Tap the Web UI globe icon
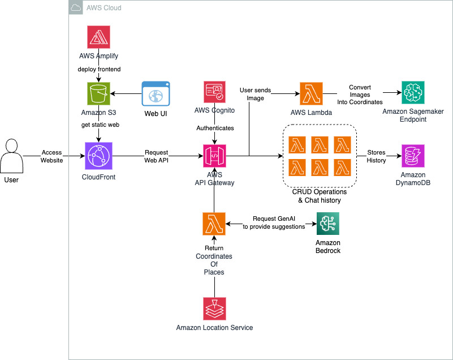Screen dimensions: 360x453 (x=156, y=93)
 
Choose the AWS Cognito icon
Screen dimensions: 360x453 (x=214, y=93)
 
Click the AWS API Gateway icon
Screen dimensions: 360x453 (x=214, y=153)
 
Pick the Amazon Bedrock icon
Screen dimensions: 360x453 (x=328, y=224)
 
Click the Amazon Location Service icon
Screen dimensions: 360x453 (x=214, y=308)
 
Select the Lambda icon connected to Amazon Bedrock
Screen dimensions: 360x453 (x=214, y=224)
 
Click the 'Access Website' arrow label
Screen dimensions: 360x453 (x=51, y=156)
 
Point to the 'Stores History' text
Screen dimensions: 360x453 (x=376, y=156)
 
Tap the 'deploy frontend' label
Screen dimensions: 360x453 (x=100, y=69)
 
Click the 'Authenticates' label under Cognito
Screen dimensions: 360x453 (x=214, y=128)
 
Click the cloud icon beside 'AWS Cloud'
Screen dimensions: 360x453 (x=75, y=7)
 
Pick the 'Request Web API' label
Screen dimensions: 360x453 (x=156, y=156)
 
